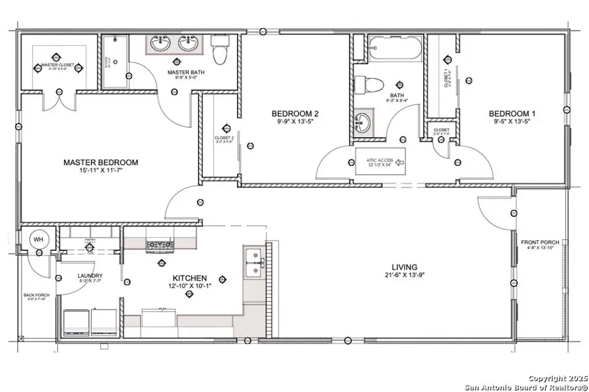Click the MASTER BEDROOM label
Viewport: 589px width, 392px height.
point(101,162)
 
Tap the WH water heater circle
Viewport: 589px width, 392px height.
point(37,238)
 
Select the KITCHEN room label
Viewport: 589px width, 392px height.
point(190,278)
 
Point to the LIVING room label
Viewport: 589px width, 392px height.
point(404,267)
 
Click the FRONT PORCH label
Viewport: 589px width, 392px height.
point(539,243)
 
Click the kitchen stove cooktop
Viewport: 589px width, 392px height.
point(159,246)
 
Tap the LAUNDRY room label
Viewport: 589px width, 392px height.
point(90,276)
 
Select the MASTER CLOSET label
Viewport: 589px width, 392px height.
point(58,65)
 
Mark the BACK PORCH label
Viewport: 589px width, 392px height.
point(37,296)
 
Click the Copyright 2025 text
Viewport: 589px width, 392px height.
point(556,378)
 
